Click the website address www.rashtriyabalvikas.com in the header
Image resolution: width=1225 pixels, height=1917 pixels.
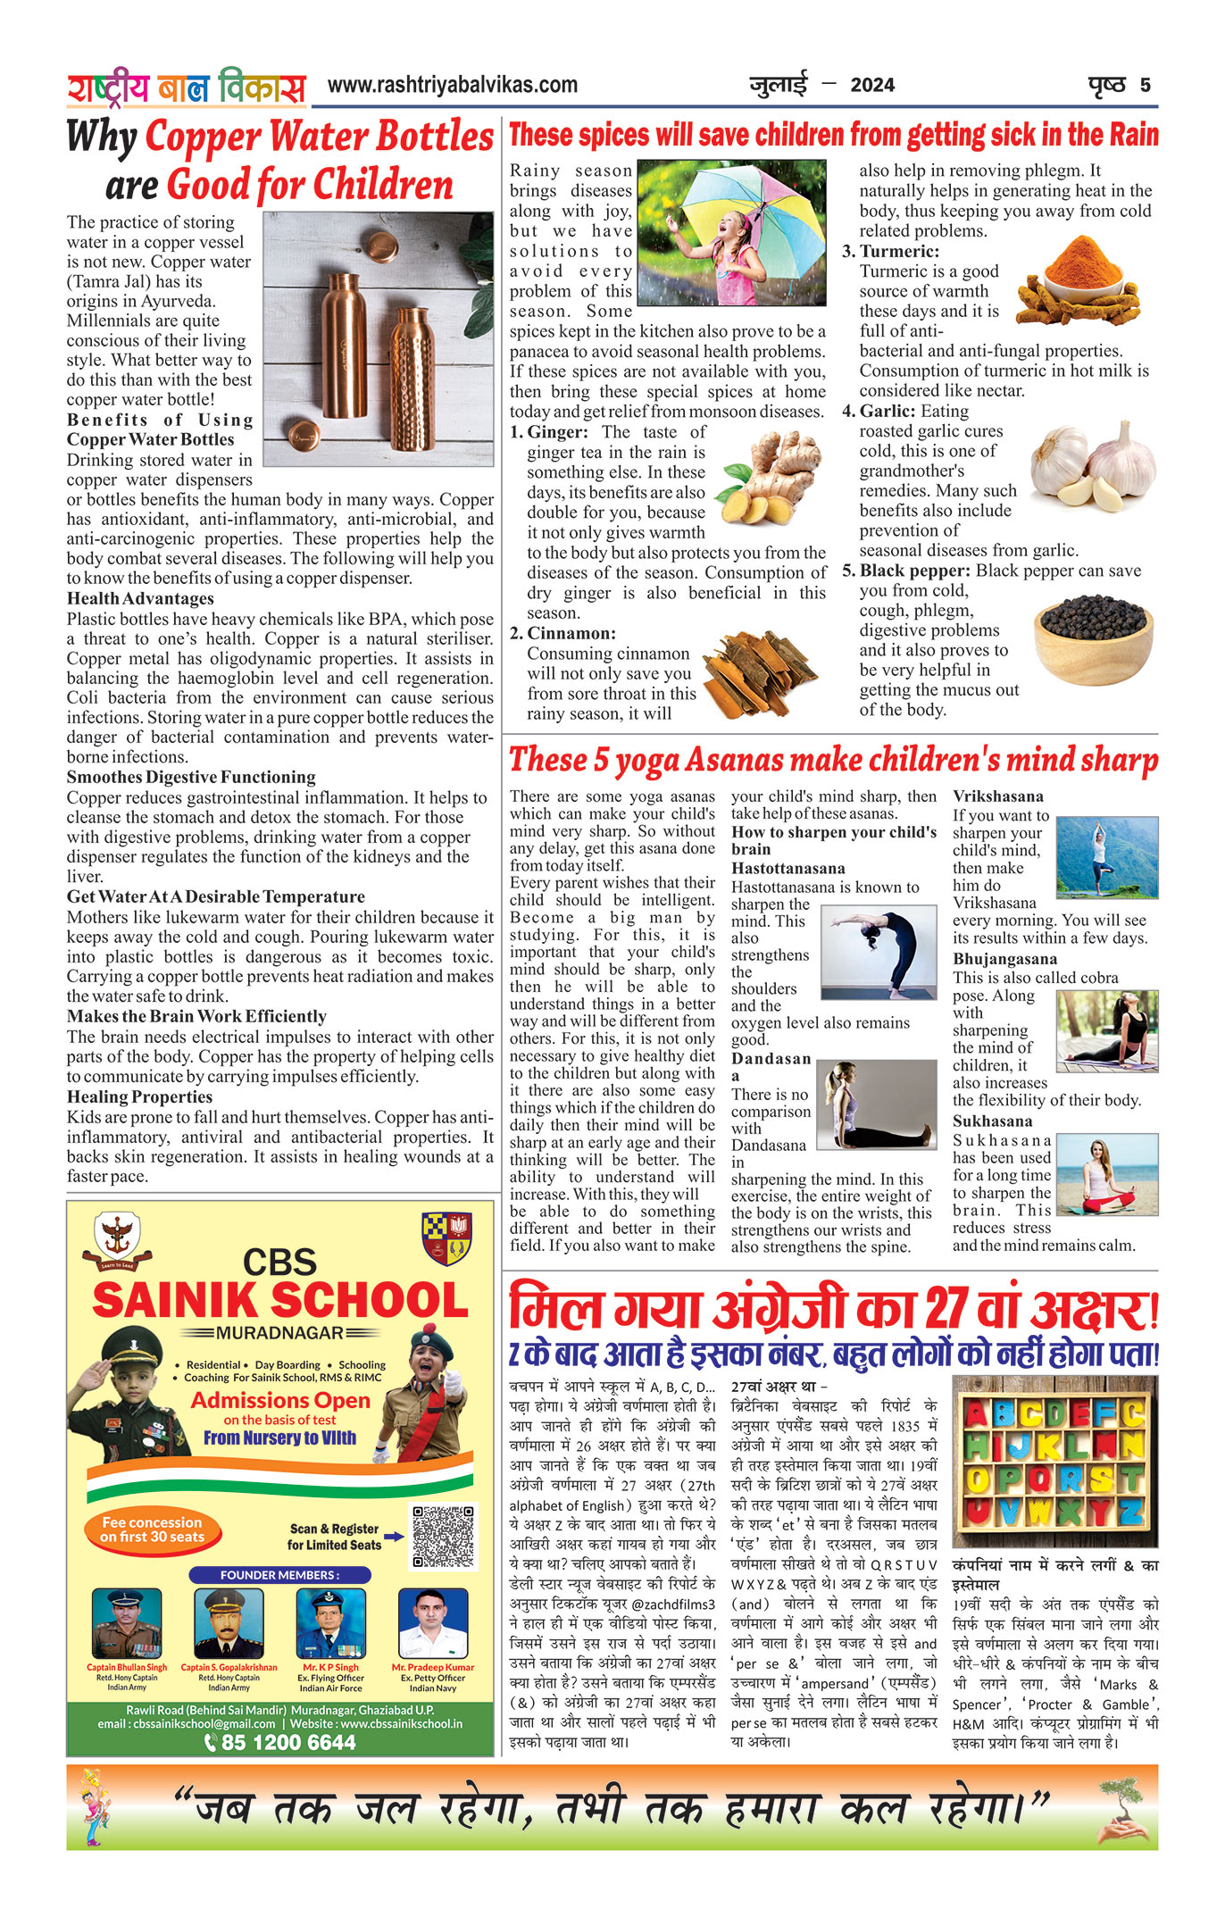tap(452, 86)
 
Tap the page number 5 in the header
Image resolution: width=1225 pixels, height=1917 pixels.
tap(1145, 86)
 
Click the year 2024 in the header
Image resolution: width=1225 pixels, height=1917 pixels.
tap(872, 86)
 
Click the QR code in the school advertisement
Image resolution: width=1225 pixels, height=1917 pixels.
tap(444, 1536)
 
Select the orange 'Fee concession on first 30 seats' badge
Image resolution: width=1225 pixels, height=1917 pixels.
tap(153, 1529)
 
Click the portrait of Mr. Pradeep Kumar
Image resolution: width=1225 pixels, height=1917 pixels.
tap(433, 1623)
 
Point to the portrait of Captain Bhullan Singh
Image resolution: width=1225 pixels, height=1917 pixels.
tap(127, 1623)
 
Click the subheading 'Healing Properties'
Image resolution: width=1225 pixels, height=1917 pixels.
tap(139, 1097)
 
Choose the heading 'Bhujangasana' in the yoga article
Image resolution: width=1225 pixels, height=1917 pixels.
tap(1004, 959)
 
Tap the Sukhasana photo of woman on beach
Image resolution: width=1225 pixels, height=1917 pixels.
tap(1107, 1174)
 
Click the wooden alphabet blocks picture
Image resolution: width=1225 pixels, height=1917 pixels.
tap(1054, 1461)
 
